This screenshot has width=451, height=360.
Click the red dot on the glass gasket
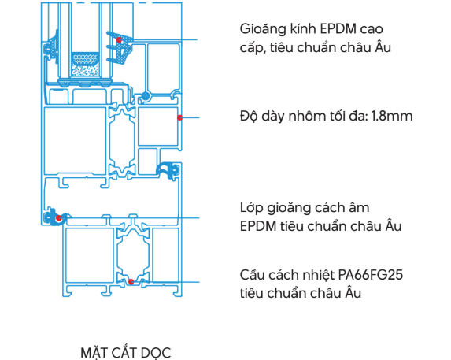(119, 39)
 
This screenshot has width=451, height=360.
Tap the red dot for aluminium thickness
(179, 117)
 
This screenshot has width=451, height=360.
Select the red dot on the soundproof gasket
(59, 218)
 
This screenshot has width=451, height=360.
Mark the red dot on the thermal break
(131, 282)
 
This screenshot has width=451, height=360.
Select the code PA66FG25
(371, 275)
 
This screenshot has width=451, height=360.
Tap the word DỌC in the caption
(157, 354)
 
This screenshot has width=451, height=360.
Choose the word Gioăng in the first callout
(263, 29)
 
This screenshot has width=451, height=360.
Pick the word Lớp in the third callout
(251, 208)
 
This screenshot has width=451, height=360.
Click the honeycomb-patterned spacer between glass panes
(85, 59)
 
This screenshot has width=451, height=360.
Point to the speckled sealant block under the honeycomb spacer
(85, 71)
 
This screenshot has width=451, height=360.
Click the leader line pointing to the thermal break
(165, 282)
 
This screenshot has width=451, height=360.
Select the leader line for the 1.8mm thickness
(190, 117)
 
